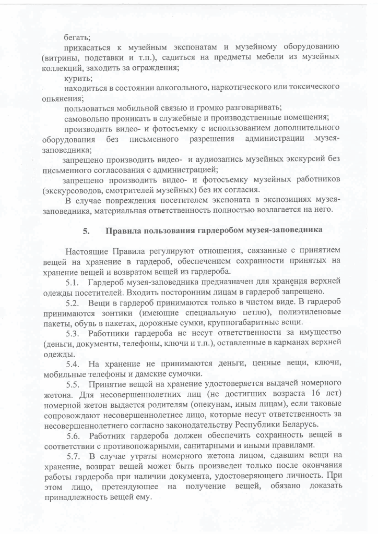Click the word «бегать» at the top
click(x=77, y=37)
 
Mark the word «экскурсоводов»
click(x=73, y=190)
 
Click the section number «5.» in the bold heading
click(x=86, y=230)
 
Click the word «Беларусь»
click(x=301, y=424)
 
